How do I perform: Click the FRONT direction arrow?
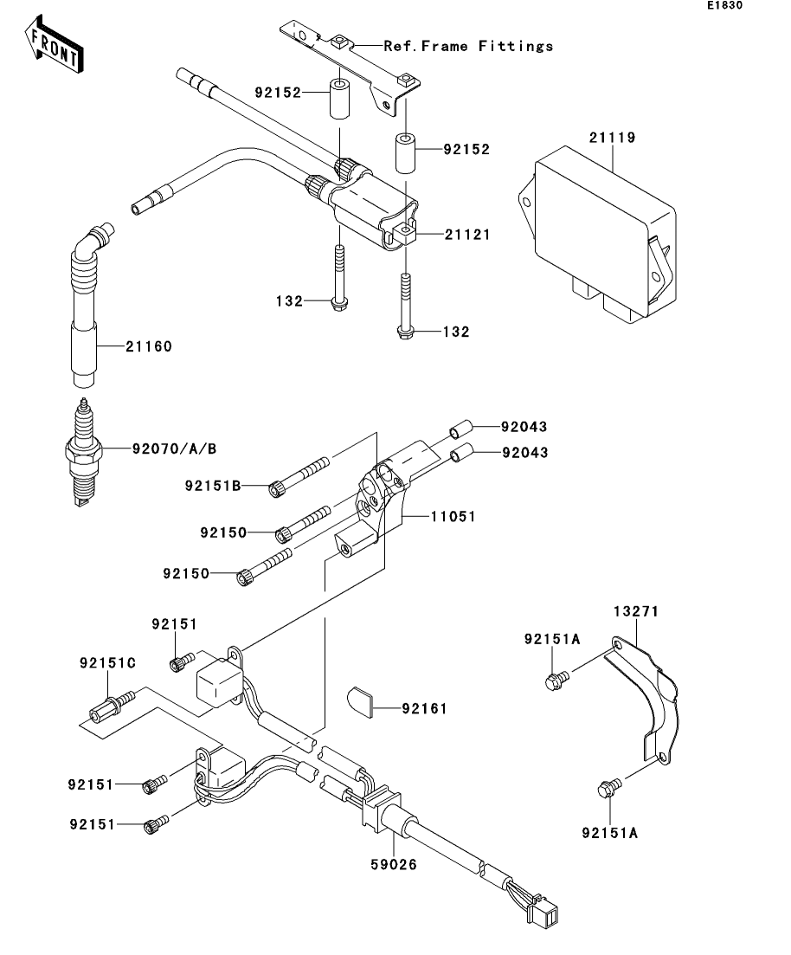[x=55, y=44]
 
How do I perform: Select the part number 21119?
[x=612, y=138]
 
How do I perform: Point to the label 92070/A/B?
[x=174, y=448]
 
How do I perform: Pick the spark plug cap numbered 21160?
[x=86, y=305]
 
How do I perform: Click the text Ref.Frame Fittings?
[x=468, y=46]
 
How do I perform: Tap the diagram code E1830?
[x=724, y=5]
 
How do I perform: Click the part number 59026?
[x=394, y=864]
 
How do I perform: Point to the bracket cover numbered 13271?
[x=642, y=700]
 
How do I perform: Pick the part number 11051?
[x=453, y=517]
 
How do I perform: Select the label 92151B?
[x=213, y=486]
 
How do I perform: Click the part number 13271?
[x=636, y=611]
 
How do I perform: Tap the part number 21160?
[x=149, y=346]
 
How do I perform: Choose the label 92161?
[x=424, y=708]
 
